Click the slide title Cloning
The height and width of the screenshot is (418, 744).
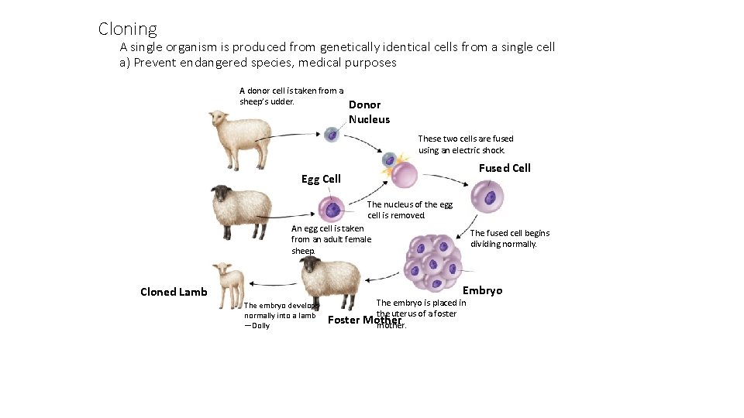point(127,29)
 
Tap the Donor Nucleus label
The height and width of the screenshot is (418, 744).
point(369,112)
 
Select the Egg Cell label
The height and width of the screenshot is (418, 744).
point(321,179)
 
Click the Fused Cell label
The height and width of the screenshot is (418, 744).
point(505,168)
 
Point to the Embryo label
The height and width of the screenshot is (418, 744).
point(482,290)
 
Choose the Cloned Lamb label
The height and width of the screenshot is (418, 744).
point(174,292)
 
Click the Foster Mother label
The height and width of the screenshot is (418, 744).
point(365,320)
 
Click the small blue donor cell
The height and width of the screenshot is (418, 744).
point(332,134)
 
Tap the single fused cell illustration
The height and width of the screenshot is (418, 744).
point(488,197)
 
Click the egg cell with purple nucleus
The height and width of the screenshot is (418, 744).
point(332,209)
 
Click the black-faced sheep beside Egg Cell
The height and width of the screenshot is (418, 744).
point(241,211)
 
